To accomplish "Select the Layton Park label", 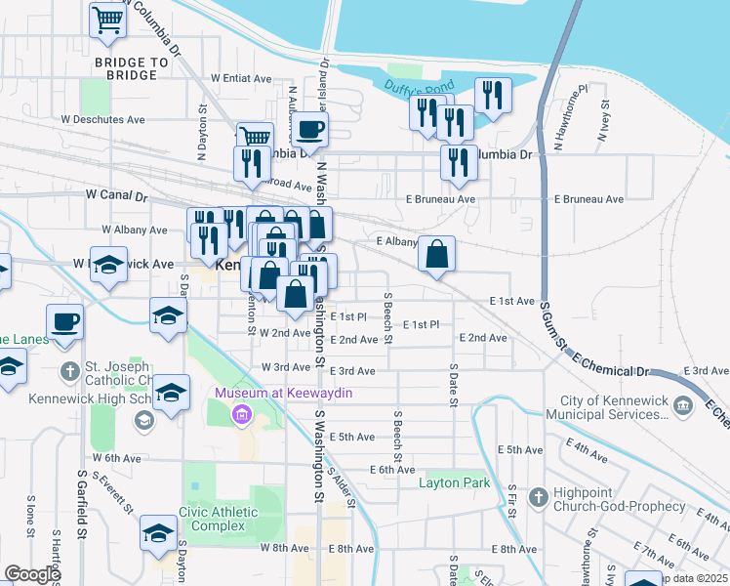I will click(454, 482).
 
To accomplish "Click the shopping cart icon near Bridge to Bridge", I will click(107, 19).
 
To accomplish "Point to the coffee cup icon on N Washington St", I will click(310, 129).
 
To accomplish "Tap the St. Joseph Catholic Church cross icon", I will click(69, 371).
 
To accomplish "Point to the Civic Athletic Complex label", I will click(219, 519).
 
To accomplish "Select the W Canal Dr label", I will click(115, 196).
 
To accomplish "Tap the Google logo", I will click(33, 574).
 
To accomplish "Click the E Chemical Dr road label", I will click(611, 366).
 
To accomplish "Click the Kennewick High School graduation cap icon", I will click(144, 420).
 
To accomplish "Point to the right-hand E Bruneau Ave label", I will click(588, 199).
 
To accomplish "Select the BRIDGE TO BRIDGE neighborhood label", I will click(125, 68).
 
